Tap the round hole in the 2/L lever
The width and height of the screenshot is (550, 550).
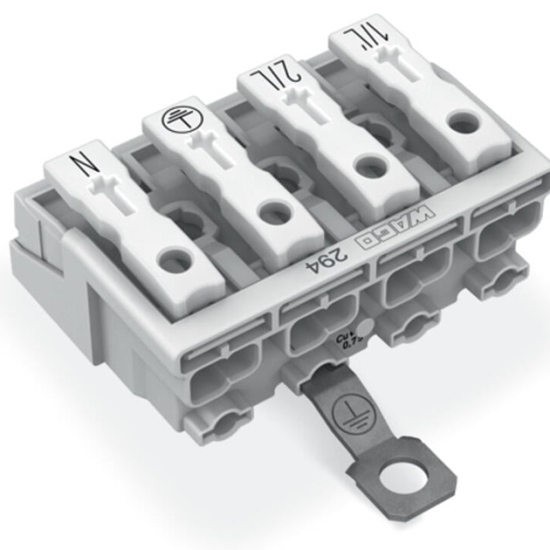coord(365,165)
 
